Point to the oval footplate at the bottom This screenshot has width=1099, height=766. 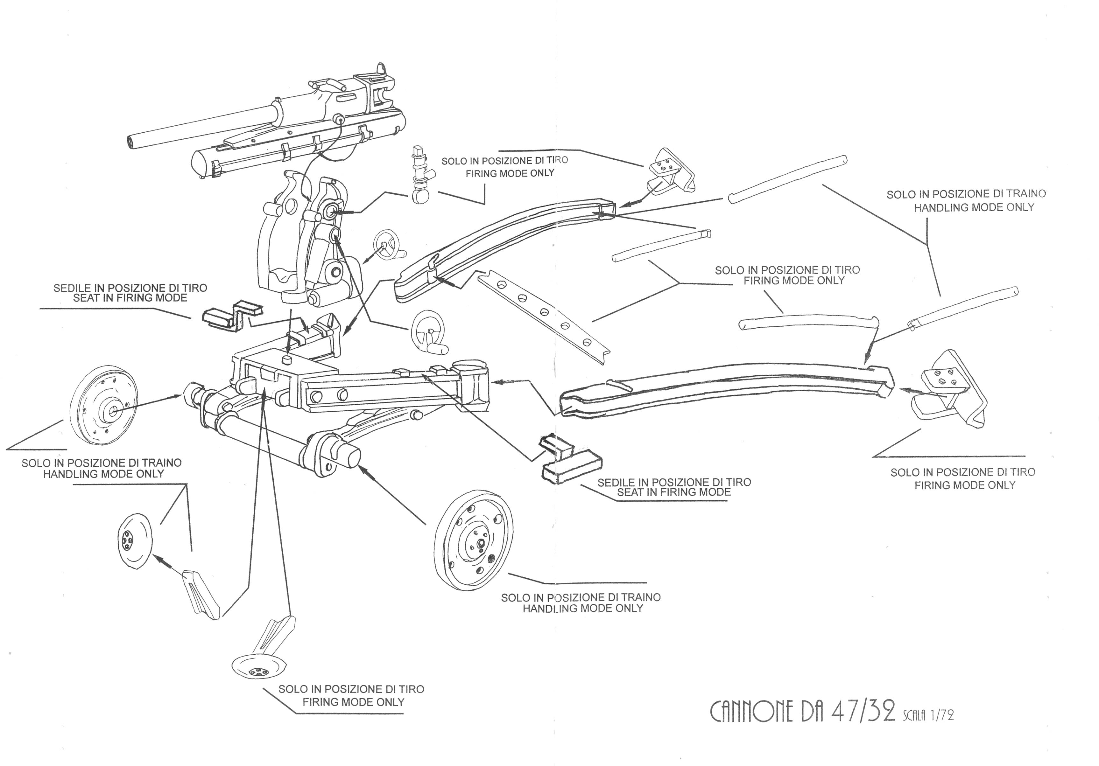[258, 666]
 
